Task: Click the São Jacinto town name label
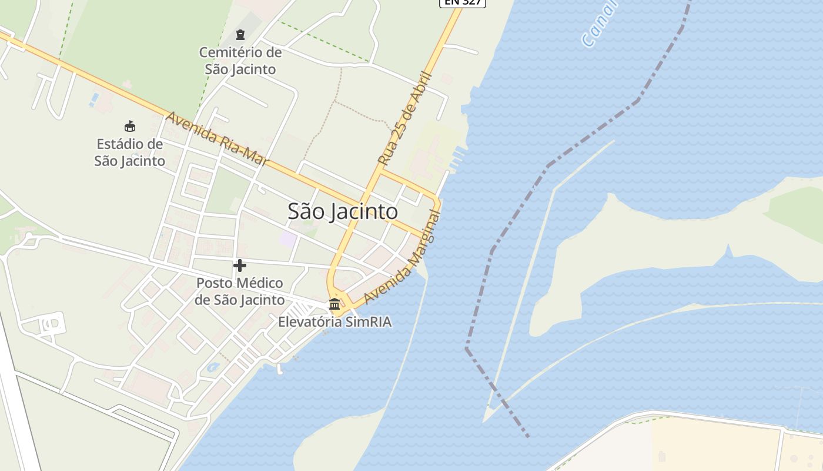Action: click(343, 211)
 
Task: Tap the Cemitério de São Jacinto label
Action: click(240, 61)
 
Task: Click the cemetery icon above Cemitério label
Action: click(240, 35)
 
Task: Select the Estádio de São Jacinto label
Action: click(129, 152)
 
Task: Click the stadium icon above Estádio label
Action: click(130, 126)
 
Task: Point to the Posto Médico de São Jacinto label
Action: click(240, 291)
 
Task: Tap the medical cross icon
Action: click(240, 266)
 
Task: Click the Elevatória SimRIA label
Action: click(334, 322)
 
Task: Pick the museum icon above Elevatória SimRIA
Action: click(334, 304)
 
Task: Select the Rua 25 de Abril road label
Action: click(405, 118)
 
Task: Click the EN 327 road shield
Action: click(463, 2)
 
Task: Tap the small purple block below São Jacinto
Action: click(287, 238)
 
